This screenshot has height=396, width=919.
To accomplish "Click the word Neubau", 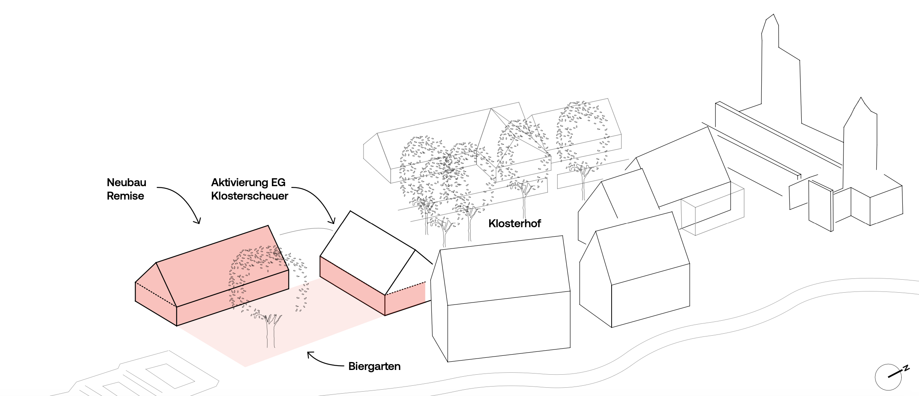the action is tap(126, 183).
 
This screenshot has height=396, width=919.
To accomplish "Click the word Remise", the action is tap(125, 196).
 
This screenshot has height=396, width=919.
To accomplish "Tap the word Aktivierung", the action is tap(240, 183).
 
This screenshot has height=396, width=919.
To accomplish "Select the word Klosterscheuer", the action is tap(250, 196).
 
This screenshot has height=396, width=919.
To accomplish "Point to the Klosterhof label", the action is tap(515, 223).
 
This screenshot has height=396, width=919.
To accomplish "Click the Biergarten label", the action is tap(375, 366).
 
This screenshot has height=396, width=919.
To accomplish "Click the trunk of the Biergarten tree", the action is tap(271, 331).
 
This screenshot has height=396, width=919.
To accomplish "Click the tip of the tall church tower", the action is tap(773, 14).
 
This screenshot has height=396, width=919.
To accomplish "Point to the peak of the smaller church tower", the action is tap(861, 97).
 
